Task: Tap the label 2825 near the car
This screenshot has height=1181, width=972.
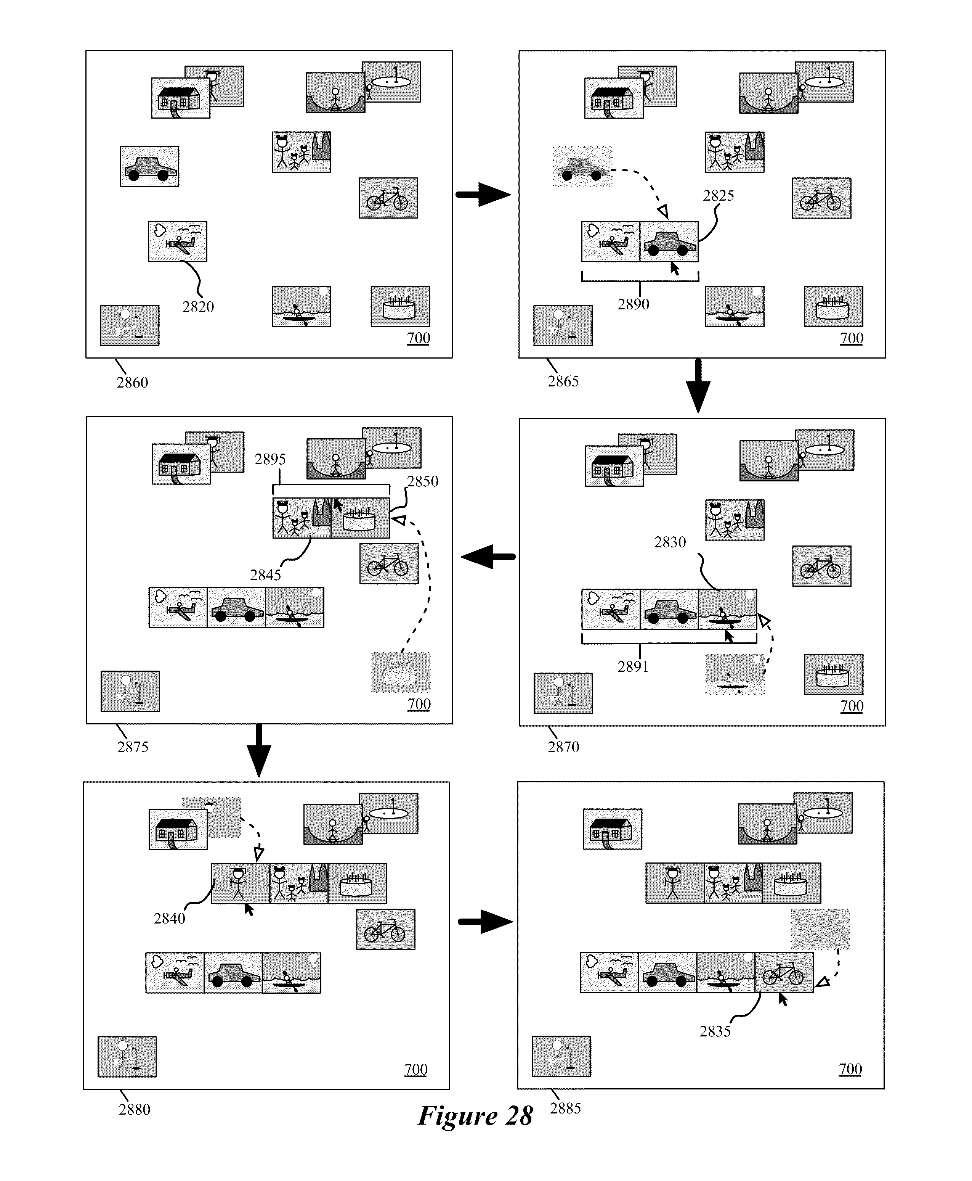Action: coord(719,196)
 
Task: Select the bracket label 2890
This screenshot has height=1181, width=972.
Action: coord(633,304)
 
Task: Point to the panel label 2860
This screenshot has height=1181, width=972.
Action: coord(132,382)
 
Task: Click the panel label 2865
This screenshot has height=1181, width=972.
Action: coord(563,381)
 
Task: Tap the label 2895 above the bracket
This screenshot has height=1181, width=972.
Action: coord(270,459)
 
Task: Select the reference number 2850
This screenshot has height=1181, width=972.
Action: coord(422,481)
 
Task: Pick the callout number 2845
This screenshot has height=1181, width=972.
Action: coord(265,575)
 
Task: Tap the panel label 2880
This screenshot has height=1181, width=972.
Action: coord(135,1109)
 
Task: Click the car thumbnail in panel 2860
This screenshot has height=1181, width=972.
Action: coord(149,167)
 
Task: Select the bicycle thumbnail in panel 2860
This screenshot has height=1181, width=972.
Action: coord(388,198)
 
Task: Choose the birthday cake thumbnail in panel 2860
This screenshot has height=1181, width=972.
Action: coord(400,306)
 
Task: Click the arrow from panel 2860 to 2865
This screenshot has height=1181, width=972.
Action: coord(483,195)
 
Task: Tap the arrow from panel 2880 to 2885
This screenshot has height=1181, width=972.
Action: coord(485,922)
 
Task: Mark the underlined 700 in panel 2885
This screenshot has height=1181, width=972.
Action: coord(850,1069)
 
